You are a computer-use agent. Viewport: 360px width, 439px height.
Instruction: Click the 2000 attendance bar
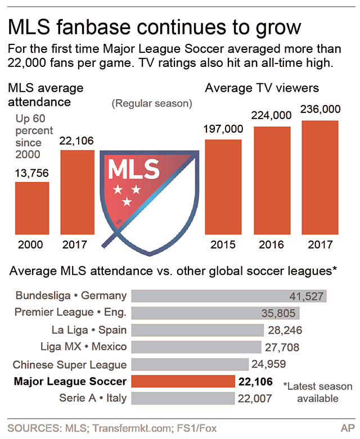pos(32,207)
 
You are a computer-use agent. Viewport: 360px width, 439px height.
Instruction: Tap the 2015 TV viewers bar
pos(223,186)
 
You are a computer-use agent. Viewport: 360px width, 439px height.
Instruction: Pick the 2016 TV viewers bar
pos(272,180)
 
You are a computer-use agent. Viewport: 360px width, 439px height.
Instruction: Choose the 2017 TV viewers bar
pos(320,177)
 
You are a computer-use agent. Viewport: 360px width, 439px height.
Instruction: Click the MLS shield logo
pos(149,194)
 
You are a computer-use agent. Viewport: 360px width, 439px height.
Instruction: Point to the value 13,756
pos(32,174)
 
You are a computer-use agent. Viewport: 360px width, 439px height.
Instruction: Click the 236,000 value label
pos(320,109)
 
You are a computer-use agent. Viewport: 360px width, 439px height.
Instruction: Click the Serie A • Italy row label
pos(93,399)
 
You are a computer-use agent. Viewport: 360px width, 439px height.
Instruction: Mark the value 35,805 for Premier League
pos(280,313)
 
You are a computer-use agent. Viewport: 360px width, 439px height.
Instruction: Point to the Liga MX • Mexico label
pos(84,347)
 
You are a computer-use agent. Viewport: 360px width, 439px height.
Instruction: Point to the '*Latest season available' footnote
pos(318,392)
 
